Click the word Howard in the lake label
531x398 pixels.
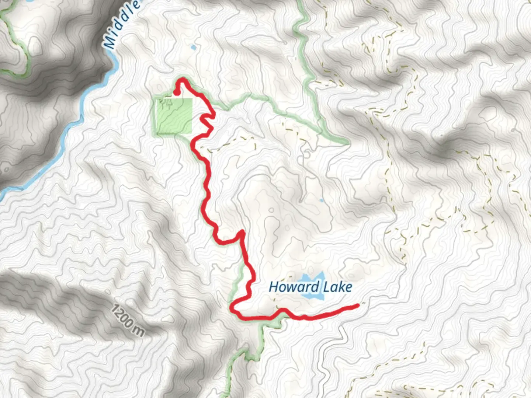point(294,287)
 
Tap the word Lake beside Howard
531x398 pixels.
point(337,287)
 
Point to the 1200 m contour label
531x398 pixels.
point(127,320)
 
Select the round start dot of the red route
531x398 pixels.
point(177,92)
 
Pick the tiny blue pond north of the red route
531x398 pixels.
point(193,48)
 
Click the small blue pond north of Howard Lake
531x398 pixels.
point(322,201)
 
